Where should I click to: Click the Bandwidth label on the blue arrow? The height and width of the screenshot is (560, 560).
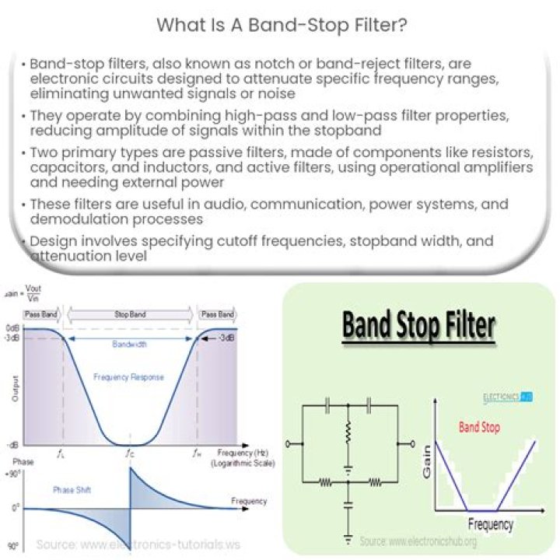pyautogui.click(x=130, y=343)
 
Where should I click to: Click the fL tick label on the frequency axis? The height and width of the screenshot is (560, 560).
pyautogui.click(x=61, y=452)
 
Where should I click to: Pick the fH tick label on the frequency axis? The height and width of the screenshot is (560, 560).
pyautogui.click(x=197, y=452)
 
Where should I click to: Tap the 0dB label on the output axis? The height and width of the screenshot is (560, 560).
pyautogui.click(x=12, y=327)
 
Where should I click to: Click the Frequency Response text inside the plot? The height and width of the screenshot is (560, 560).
pyautogui.click(x=128, y=377)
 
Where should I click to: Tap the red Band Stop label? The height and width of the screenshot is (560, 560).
pyautogui.click(x=479, y=427)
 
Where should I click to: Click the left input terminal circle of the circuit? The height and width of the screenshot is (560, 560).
pyautogui.click(x=289, y=444)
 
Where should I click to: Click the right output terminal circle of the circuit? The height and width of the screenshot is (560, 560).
pyautogui.click(x=401, y=444)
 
